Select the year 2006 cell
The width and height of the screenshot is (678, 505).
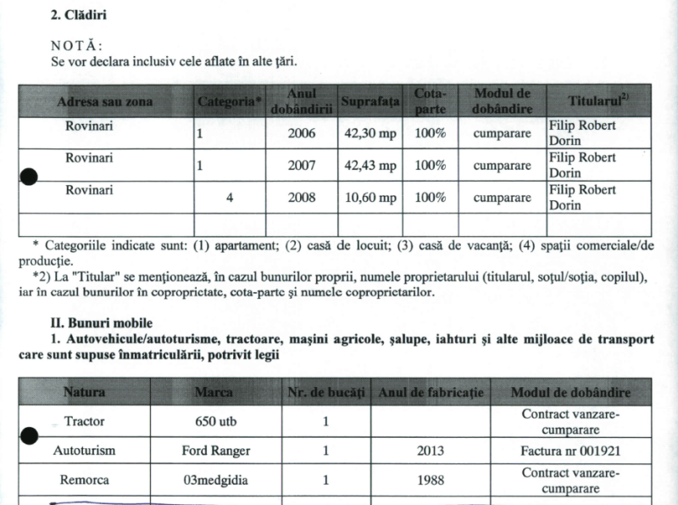[x=302, y=134]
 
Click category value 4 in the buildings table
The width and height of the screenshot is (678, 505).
[x=229, y=198]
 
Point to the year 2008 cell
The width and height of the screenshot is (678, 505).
[x=302, y=198]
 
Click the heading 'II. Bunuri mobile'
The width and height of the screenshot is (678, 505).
[x=102, y=323]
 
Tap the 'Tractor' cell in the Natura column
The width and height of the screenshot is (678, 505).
[x=84, y=420]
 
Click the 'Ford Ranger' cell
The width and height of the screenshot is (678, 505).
[x=219, y=451]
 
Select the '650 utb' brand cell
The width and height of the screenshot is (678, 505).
[x=219, y=420]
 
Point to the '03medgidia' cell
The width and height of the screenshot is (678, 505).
[x=219, y=480]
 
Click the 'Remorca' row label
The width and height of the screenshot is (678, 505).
[x=84, y=480]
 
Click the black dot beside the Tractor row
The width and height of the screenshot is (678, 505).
[x=29, y=435]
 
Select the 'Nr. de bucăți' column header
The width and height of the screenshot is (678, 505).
[x=325, y=393]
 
